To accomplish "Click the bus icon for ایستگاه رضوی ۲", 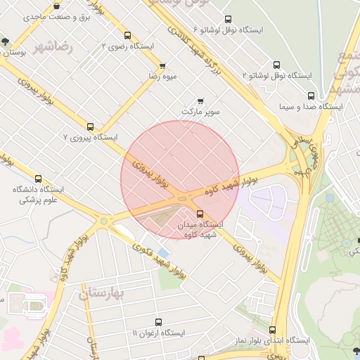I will (x=127, y=36).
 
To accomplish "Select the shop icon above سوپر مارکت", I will (x=202, y=101).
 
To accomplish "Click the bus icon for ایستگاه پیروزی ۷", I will (x=90, y=127).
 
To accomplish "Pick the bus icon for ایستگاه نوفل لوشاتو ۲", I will (x=276, y=63).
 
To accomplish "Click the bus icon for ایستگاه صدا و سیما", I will (x=311, y=96).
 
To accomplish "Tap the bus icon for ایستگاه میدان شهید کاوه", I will (x=200, y=214).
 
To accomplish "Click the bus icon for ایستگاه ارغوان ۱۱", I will (x=158, y=322).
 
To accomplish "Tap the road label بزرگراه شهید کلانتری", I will (x=183, y=32).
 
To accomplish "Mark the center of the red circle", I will (x=180, y=180).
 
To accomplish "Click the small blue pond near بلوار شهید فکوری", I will (x=164, y=252).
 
